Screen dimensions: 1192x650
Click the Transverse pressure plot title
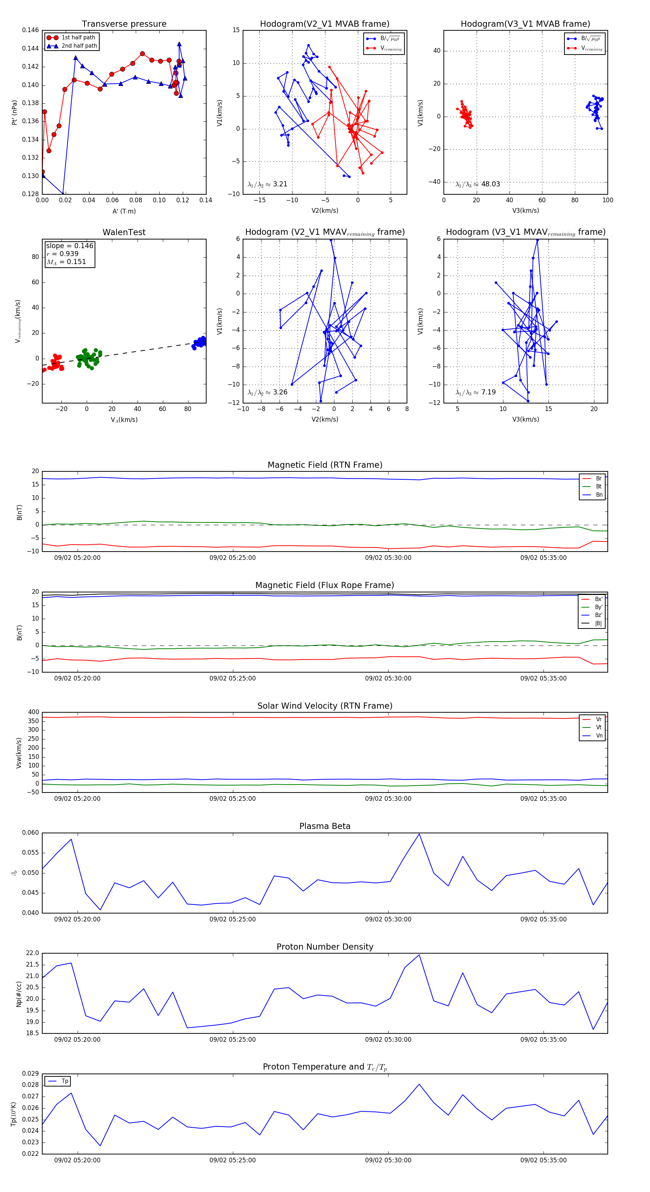tap(124, 24)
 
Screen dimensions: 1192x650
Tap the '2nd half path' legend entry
tap(79, 46)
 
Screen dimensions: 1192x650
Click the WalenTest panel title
tap(124, 232)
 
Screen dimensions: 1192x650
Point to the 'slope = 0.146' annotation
tap(69, 246)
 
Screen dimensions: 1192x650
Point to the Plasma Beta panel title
tap(325, 826)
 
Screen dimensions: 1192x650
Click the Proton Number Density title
tap(325, 947)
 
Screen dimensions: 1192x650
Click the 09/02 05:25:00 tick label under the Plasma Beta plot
tap(232, 919)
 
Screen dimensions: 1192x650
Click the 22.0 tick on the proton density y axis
tap(32, 953)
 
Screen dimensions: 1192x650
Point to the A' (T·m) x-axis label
tap(124, 211)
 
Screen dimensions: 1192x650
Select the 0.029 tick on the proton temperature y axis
tap(31, 1074)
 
